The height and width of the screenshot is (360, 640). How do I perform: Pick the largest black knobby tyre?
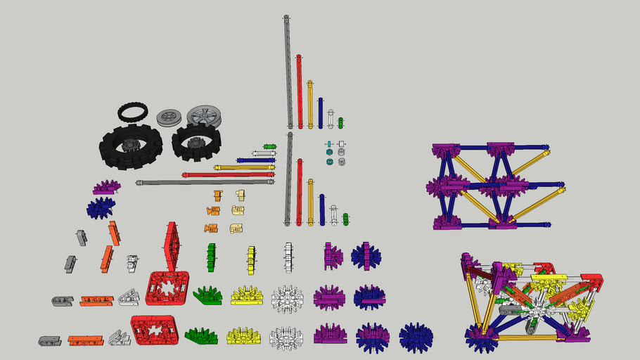point(130,146)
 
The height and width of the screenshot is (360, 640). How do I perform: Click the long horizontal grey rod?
point(204,182)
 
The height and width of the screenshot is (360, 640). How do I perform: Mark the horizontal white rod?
point(264,153)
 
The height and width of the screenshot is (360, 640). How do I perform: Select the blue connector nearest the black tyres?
point(101,207)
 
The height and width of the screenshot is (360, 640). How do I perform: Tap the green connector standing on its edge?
point(210,257)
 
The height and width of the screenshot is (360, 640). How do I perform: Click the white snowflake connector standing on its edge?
point(288,257)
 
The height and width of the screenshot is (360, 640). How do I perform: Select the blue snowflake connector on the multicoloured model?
point(480,335)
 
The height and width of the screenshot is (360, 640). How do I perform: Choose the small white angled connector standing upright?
point(132,263)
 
